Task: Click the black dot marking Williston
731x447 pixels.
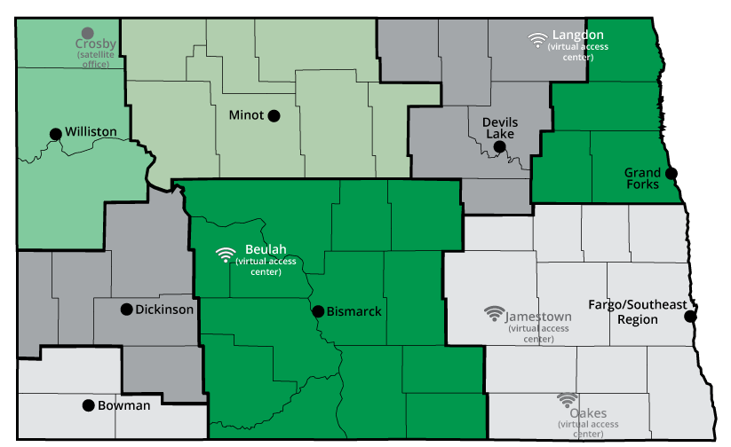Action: pyautogui.click(x=56, y=134)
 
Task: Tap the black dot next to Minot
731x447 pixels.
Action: pyautogui.click(x=274, y=115)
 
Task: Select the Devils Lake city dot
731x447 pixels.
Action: pyautogui.click(x=499, y=146)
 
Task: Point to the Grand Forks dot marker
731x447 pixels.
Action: pyautogui.click(x=670, y=173)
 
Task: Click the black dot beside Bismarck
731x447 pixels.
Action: pyautogui.click(x=317, y=311)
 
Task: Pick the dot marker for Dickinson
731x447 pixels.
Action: pyautogui.click(x=126, y=310)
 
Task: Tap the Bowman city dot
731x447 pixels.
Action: pyautogui.click(x=88, y=405)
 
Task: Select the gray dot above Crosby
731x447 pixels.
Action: pyautogui.click(x=87, y=33)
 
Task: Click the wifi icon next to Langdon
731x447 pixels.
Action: pyautogui.click(x=536, y=39)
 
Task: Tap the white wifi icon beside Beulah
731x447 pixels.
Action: pyautogui.click(x=226, y=255)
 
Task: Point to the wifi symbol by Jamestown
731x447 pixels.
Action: pyautogui.click(x=494, y=314)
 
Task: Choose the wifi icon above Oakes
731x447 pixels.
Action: pyautogui.click(x=567, y=400)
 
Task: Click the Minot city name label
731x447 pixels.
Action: pyautogui.click(x=246, y=115)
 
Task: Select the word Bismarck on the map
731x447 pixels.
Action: pyautogui.click(x=354, y=311)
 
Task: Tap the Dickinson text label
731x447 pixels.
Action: pyautogui.click(x=164, y=310)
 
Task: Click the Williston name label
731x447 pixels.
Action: pyautogui.click(x=91, y=132)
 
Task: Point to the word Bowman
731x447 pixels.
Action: pyautogui.click(x=125, y=405)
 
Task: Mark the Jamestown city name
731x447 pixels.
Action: pyautogui.click(x=539, y=317)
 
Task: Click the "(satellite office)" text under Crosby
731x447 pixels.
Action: pyautogui.click(x=97, y=59)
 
